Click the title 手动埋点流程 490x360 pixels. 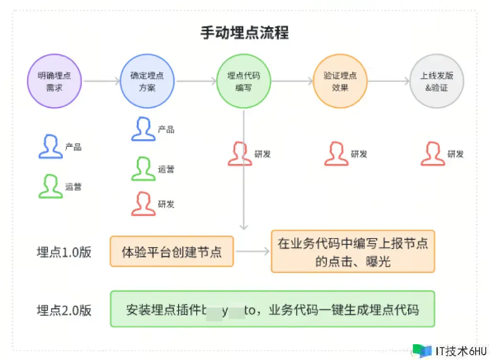(245, 33)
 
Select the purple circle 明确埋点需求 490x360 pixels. (54, 81)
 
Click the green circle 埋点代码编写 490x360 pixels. (244, 81)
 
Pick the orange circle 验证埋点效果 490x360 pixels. (340, 81)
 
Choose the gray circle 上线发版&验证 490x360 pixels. (436, 81)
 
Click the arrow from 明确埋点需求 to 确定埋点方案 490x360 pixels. (101, 81)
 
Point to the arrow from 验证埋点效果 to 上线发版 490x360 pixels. (389, 81)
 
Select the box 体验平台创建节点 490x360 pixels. (172, 251)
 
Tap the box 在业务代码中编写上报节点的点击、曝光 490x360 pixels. (353, 251)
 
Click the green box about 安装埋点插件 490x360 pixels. (272, 309)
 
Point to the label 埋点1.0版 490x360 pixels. (64, 252)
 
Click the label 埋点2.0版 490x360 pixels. (64, 310)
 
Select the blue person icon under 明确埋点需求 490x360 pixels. (50, 146)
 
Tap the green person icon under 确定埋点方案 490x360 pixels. (143, 169)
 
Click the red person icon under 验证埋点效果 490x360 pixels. (336, 154)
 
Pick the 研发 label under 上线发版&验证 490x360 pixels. (456, 154)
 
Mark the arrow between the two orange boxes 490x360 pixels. (252, 251)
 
